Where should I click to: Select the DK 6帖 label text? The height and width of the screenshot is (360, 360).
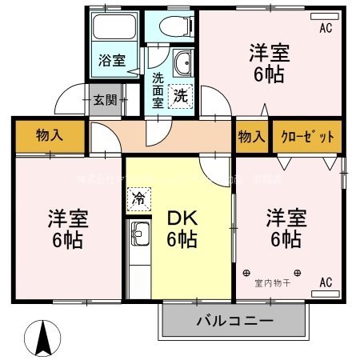[x=182, y=228]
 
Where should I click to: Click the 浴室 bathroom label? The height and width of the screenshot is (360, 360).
[x=111, y=60]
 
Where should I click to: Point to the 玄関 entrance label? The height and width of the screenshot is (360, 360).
[x=104, y=100]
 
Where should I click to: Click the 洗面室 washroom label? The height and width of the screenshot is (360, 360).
[x=158, y=90]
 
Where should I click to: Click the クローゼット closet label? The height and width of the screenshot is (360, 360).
[x=307, y=137]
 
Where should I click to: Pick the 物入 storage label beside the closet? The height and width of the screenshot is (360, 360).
[x=251, y=137]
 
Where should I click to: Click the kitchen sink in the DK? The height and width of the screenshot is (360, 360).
[x=140, y=237]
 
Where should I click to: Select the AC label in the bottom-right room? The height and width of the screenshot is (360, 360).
[x=326, y=282]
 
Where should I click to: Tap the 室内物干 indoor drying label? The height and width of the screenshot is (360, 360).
[x=272, y=283]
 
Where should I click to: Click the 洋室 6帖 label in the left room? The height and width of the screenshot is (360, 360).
[x=66, y=228]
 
